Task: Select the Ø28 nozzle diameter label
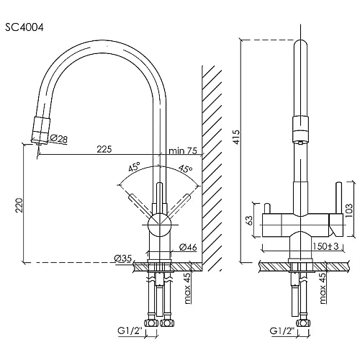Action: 58,138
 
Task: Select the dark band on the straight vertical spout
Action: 297,132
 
